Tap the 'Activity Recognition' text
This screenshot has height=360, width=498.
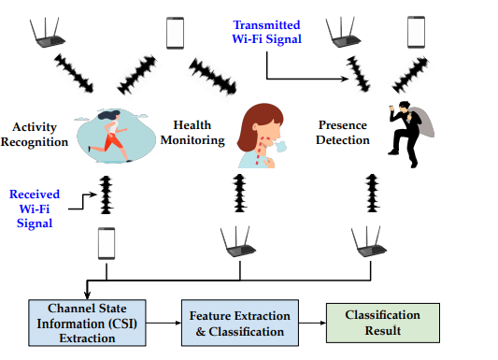coord(39,134)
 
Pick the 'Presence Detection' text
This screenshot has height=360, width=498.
coord(343,133)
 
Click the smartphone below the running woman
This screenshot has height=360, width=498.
coord(107,245)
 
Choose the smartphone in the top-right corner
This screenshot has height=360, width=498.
coord(416,31)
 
